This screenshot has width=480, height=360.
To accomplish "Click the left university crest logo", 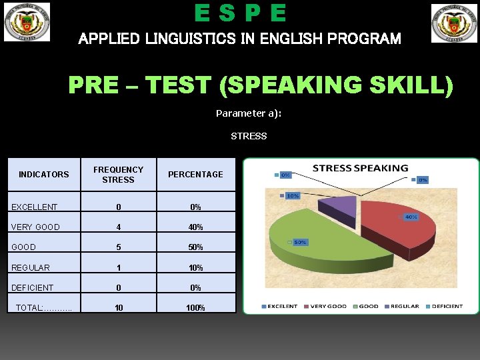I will click(27, 22).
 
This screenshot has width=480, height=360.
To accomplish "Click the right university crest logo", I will click(453, 23).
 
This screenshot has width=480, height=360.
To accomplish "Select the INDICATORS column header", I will click(44, 175).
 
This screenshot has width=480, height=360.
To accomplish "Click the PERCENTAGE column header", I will click(195, 175).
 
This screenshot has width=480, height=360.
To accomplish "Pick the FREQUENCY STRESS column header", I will click(118, 175).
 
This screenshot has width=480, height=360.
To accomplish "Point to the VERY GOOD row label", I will click(36, 227).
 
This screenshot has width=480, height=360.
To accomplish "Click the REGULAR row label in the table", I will click(31, 268).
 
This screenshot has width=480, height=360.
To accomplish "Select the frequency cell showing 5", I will click(118, 247).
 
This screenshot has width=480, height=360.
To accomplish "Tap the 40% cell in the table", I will click(195, 227).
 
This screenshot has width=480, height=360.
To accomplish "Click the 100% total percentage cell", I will click(195, 308).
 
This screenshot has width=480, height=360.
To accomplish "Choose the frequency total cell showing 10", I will click(118, 308).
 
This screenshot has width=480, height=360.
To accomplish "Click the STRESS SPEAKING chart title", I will click(361, 168).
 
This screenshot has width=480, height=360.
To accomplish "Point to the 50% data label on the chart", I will click(301, 242).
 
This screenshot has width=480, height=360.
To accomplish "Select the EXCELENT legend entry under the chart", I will click(283, 306).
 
